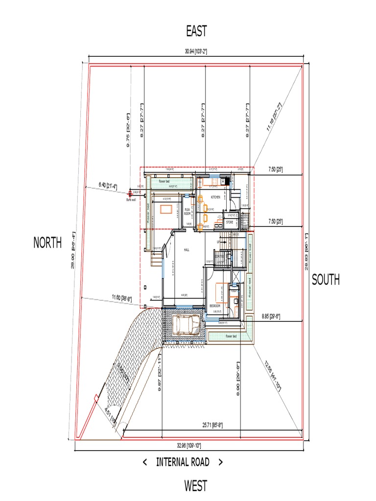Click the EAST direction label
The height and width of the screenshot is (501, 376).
point(196,31)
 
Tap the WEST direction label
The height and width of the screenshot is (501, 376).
point(195,486)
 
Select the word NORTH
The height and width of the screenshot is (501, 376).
point(47,242)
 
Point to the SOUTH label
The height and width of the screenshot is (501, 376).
point(326,279)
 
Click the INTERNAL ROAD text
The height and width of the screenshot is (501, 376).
point(183,462)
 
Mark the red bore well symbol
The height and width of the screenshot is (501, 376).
point(130,193)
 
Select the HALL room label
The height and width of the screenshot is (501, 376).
point(187,250)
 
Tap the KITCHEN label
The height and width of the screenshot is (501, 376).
point(216,197)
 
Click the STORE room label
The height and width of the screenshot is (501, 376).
point(229,223)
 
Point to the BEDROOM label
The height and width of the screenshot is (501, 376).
point(215,305)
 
